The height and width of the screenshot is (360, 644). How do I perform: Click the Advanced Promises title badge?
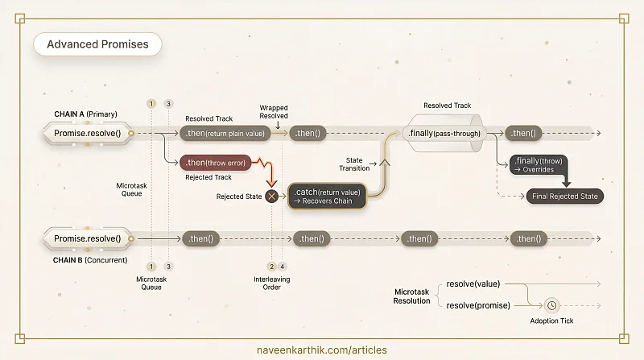coord(97,44)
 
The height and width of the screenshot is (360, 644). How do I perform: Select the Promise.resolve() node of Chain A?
coord(88,133)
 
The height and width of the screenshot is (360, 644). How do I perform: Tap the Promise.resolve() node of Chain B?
coord(88,238)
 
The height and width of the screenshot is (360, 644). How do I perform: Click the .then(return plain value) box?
coord(225,133)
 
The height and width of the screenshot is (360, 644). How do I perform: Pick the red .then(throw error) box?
coord(215,163)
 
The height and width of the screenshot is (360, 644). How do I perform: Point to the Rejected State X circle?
coord(271,197)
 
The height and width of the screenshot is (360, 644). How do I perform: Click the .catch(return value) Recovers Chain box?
coord(327,197)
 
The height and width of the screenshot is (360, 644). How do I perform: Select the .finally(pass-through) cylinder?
coord(444,133)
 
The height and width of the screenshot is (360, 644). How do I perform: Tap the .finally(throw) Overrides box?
coord(539,165)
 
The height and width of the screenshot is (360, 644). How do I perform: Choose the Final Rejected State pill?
coord(565,197)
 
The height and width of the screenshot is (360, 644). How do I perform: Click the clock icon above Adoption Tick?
coord(551,305)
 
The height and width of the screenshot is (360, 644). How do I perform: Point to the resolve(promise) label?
coord(478,305)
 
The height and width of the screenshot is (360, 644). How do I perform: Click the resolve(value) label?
coord(473,284)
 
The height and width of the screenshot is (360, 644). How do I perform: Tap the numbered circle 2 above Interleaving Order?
coord(271,267)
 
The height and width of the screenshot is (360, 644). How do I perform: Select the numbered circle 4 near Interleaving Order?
coord(283,267)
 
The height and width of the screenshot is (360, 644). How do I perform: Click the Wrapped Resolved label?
coord(274,112)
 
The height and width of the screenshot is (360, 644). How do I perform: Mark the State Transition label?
coord(354,164)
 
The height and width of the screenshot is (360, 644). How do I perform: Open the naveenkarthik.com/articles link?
coord(321,350)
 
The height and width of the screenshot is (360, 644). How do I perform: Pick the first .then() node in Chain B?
coord(200,238)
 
